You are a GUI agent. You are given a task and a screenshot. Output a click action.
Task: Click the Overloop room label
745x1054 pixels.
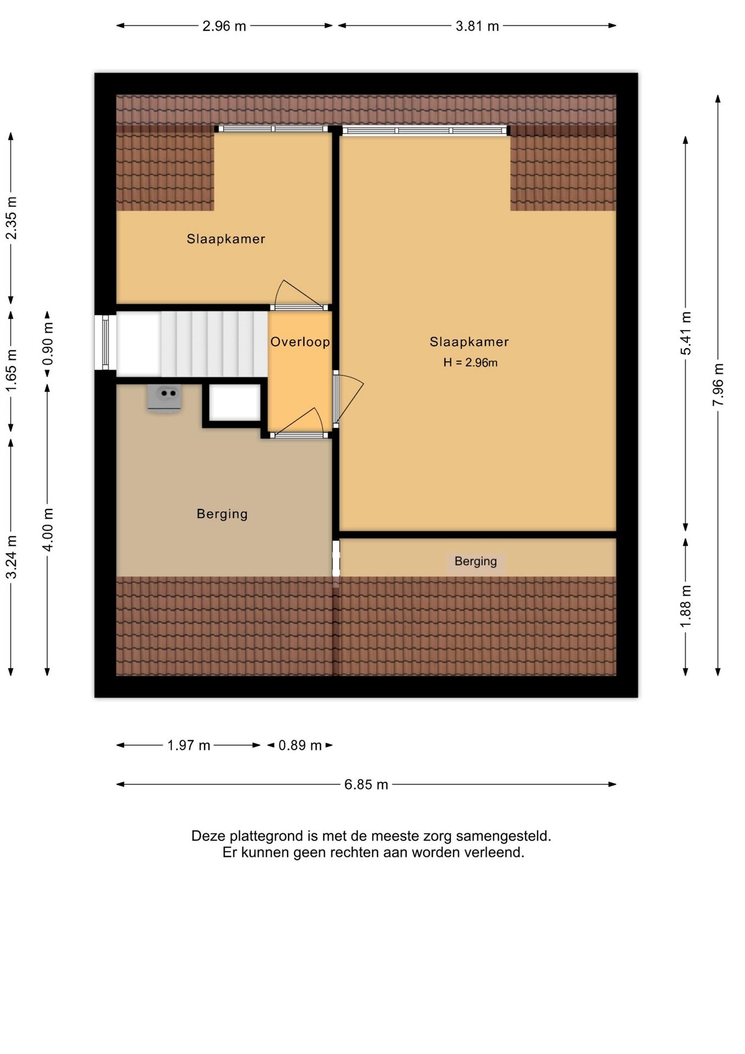coord(300,342)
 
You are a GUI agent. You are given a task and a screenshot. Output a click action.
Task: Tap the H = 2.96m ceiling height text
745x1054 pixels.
coord(470,362)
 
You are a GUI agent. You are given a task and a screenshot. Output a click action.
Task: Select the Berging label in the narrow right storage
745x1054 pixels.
coord(476,562)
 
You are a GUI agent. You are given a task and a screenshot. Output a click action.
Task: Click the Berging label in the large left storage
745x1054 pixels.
coord(222,514)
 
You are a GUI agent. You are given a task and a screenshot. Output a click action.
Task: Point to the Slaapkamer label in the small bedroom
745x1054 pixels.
coord(226,239)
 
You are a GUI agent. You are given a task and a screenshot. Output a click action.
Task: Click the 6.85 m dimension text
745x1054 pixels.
coord(366,784)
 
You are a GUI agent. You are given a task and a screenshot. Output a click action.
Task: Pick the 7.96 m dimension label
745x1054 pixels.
coord(718,385)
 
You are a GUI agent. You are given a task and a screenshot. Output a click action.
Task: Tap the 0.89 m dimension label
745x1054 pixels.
coord(300,745)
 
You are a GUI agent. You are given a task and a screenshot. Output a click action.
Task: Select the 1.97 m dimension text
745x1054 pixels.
coord(189,745)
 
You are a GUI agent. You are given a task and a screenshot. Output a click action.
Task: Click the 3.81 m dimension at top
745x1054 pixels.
coord(477,26)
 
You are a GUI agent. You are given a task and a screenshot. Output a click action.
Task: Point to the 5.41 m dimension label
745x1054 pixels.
coord(686,333)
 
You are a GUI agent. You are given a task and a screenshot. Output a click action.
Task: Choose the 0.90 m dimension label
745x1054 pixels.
coord(48,344)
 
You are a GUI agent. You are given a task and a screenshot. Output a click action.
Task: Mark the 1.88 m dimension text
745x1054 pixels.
coord(686,606)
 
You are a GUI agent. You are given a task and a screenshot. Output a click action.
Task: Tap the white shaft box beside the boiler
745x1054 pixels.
coord(235,403)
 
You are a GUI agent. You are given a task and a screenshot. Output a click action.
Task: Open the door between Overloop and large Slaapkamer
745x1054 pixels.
coord(348,400)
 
